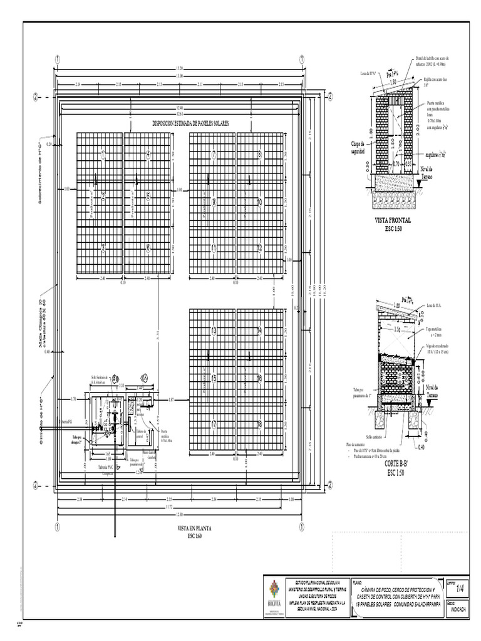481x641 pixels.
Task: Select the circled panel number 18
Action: [259, 424]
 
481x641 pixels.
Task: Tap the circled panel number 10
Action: [259, 202]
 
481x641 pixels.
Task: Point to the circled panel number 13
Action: [214, 331]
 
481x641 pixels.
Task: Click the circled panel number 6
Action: [148, 248]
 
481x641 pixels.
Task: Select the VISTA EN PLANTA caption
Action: [195, 528]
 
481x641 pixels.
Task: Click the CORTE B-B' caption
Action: [396, 464]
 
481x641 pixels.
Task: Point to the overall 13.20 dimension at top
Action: [180, 68]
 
